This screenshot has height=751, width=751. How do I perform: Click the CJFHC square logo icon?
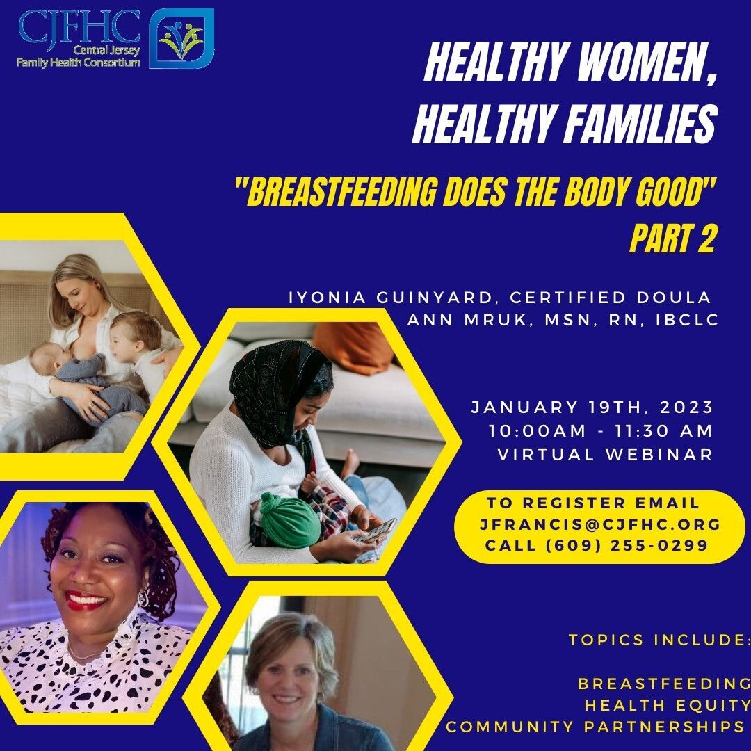(x=181, y=38)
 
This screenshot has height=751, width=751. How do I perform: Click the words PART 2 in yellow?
(x=672, y=238)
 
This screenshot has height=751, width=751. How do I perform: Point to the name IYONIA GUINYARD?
(x=391, y=298)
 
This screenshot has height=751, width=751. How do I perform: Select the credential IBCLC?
(x=687, y=319)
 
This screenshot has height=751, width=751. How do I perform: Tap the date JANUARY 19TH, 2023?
(x=592, y=407)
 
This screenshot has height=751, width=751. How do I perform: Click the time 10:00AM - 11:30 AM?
(x=601, y=430)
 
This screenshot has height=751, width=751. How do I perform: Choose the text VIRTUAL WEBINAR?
(x=606, y=454)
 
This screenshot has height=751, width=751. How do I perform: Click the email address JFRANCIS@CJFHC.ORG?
(x=599, y=524)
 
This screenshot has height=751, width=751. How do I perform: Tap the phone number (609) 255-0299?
(x=627, y=546)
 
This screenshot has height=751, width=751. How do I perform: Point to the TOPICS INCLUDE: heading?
(x=659, y=640)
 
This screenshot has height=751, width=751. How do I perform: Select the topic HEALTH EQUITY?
(x=667, y=705)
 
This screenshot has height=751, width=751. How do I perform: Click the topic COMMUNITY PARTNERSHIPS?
(x=595, y=727)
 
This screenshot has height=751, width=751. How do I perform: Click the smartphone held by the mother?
(x=377, y=530)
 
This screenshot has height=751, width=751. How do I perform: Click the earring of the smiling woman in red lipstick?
(x=143, y=598)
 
